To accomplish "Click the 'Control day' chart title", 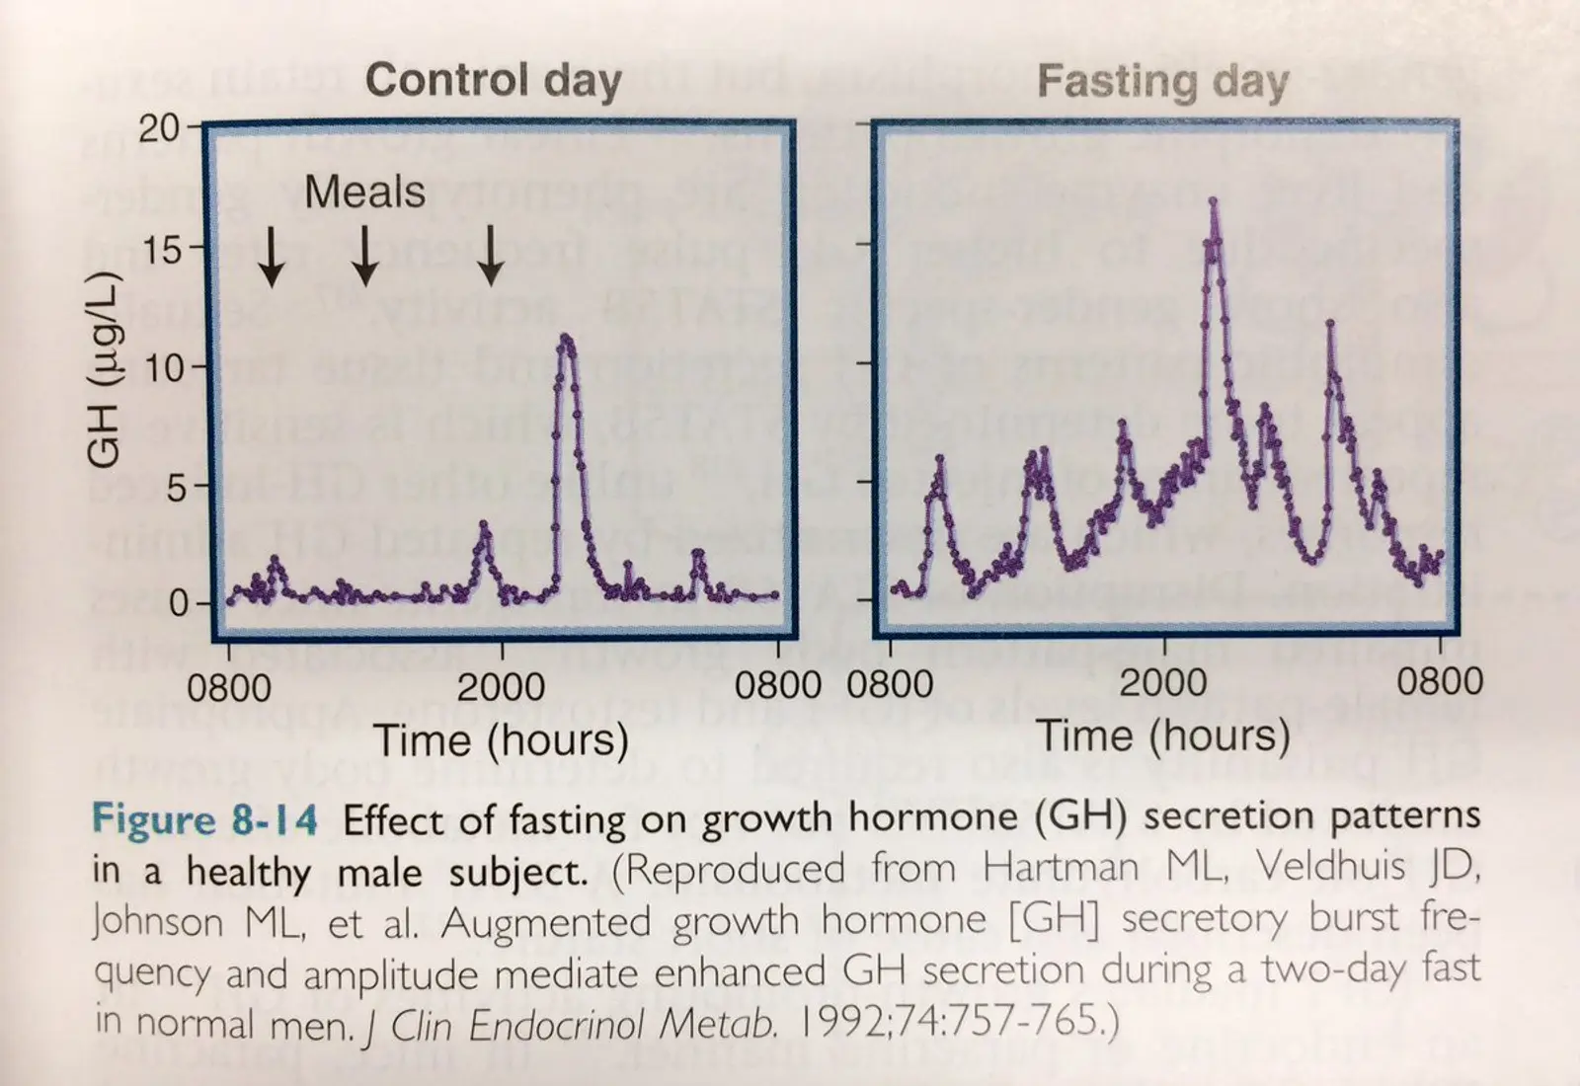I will [x=493, y=81].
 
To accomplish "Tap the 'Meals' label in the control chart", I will [x=364, y=192].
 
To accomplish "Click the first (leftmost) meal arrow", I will [x=272, y=257].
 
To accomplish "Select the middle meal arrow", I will [x=365, y=257].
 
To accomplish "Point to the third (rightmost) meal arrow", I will [x=491, y=257].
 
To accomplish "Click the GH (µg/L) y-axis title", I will [x=105, y=367].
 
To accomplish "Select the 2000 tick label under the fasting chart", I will [x=1163, y=683].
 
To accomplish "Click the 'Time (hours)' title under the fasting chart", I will [x=1163, y=737].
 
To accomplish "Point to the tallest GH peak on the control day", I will [x=565, y=339].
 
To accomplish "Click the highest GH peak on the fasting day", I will [x=1214, y=202].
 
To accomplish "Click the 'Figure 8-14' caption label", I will [x=205, y=819].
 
